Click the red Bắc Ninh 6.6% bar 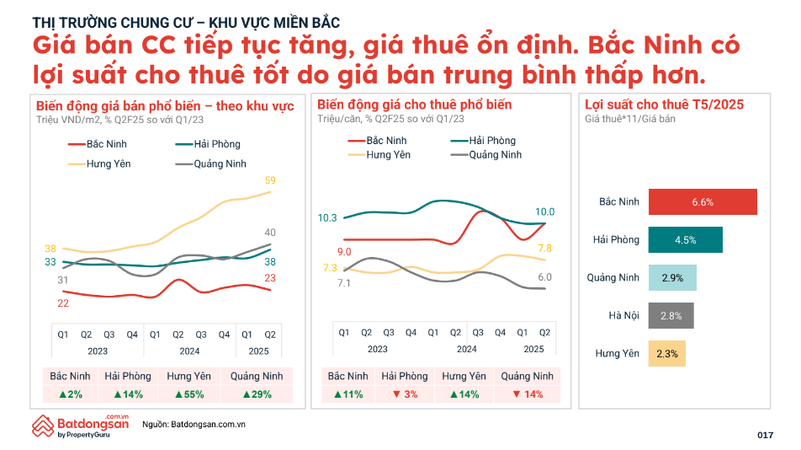(703, 202)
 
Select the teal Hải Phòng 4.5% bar (685, 240)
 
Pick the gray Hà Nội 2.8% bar (671, 315)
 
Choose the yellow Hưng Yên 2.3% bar (667, 353)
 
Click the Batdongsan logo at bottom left (80, 426)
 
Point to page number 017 (765, 435)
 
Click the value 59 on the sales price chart (270, 180)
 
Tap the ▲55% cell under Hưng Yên (189, 394)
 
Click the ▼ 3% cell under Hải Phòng (405, 394)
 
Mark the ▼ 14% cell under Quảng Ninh (527, 394)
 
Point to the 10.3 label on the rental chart (327, 218)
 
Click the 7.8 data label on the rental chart (544, 249)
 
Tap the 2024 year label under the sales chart (189, 351)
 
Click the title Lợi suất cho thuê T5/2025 (664, 105)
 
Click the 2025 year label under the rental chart (533, 349)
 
